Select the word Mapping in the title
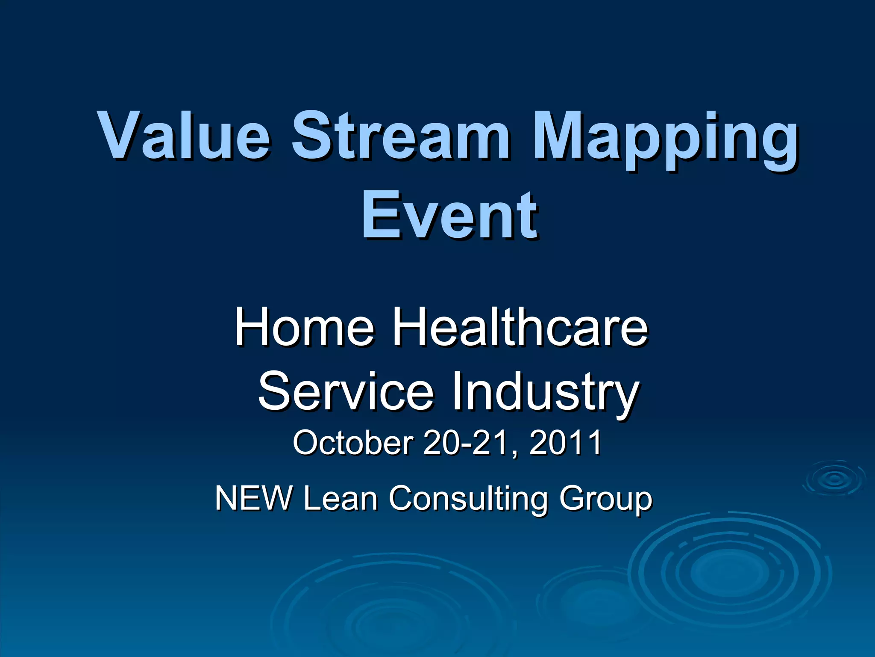point(664,139)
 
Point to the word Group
point(606,500)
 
